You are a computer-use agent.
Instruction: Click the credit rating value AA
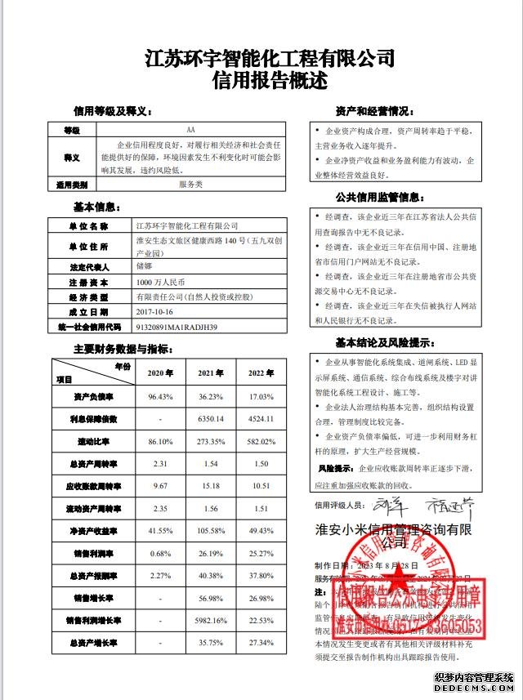190,131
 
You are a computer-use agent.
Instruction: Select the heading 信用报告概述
269,81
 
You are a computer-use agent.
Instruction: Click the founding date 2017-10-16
155,311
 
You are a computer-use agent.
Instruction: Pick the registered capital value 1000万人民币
160,281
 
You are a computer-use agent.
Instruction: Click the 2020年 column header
160,373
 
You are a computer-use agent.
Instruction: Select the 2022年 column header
259,373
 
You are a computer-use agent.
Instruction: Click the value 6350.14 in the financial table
210,419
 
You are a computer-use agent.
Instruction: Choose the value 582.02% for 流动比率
259,441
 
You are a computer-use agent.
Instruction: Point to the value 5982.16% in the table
210,621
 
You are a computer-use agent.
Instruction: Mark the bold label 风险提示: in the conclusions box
333,469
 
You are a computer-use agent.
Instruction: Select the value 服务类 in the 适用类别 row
190,185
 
